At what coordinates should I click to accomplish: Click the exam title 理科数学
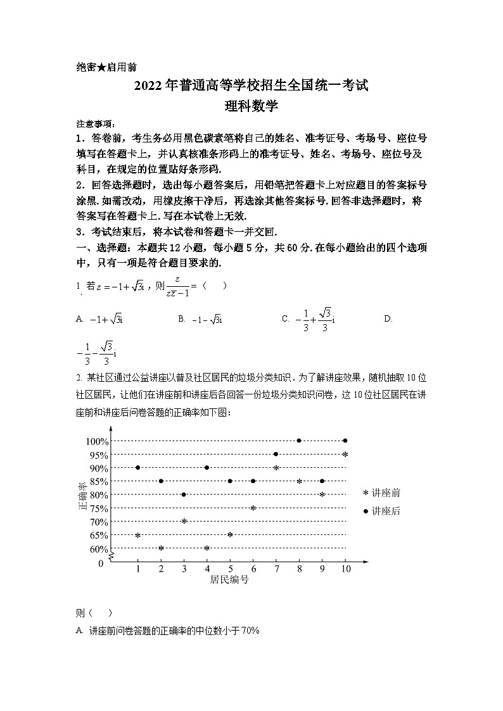pyautogui.click(x=251, y=106)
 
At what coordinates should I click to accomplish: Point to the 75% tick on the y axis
pyautogui.click(x=99, y=508)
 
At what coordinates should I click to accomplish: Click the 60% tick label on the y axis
pyautogui.click(x=99, y=549)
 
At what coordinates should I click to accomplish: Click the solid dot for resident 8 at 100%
pyautogui.click(x=299, y=441)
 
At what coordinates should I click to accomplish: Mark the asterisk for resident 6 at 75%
pyautogui.click(x=253, y=508)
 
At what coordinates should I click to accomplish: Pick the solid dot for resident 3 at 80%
pyautogui.click(x=184, y=494)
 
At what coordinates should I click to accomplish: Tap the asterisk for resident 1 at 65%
pyautogui.click(x=137, y=536)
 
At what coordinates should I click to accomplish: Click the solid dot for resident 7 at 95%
pyautogui.click(x=276, y=454)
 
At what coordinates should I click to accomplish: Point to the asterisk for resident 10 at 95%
pyautogui.click(x=345, y=455)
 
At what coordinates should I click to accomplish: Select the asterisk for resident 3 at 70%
pyautogui.click(x=184, y=522)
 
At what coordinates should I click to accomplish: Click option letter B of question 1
pyautogui.click(x=181, y=319)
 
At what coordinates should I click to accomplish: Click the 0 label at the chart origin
pyautogui.click(x=101, y=563)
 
